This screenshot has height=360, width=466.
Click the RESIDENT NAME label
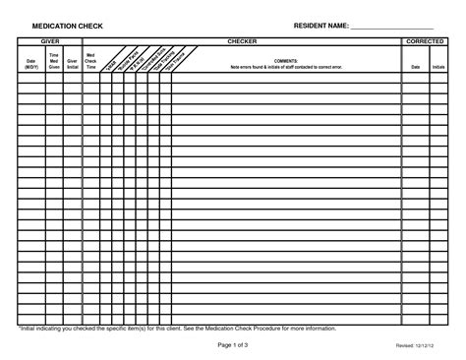[x=320, y=24]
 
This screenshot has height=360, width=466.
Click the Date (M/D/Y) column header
[x=29, y=65]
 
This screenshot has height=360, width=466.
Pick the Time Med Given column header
[x=54, y=63]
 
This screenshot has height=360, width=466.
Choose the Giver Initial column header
[x=72, y=65]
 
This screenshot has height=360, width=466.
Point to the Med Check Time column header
[x=91, y=62]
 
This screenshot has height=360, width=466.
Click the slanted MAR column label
[x=110, y=62]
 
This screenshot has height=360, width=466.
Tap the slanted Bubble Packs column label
[x=124, y=61]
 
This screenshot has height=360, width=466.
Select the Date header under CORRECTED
[x=414, y=67]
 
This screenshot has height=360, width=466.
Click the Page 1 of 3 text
[x=232, y=346]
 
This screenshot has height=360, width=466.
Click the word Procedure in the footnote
[x=282, y=328]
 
